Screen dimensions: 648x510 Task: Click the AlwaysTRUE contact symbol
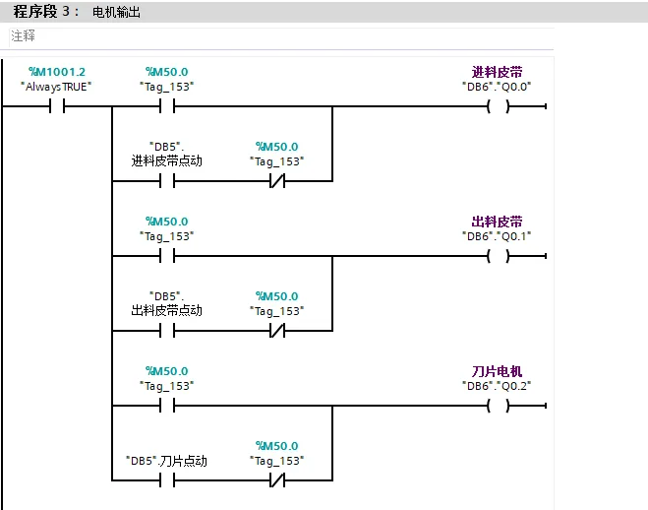coord(57,106)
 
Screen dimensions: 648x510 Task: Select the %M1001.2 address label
coord(57,72)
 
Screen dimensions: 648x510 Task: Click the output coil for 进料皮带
coord(498,106)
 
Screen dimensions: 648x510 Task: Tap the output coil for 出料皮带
coord(498,256)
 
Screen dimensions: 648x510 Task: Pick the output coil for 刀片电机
coord(498,406)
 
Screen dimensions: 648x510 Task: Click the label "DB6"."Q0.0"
coord(497,87)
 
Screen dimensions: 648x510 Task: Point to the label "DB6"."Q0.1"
coord(497,236)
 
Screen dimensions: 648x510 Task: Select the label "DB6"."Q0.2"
coord(497,386)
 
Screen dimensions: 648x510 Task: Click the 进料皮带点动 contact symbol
coord(167,181)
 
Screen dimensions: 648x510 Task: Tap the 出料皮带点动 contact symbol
coord(167,331)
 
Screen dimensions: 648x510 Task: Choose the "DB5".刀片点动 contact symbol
coord(167,480)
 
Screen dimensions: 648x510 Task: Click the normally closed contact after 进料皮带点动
coord(277,181)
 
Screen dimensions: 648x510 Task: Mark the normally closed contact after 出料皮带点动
coord(277,331)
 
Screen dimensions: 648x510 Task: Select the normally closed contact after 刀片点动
coord(277,480)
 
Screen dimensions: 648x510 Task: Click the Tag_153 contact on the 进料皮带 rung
coord(167,106)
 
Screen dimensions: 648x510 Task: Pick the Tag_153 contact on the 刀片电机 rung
coord(167,406)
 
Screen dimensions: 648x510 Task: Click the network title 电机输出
coord(116,12)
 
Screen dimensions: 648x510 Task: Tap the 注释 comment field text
coord(24,36)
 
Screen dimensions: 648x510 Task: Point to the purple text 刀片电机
coord(498,371)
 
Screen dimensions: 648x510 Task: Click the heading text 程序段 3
coord(41,11)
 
